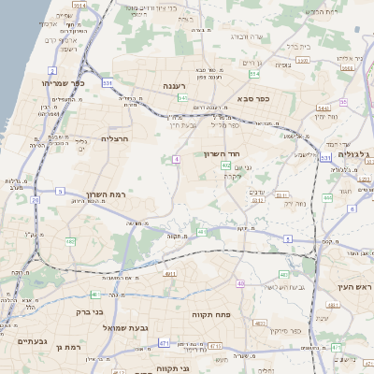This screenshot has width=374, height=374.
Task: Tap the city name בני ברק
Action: (x=88, y=313)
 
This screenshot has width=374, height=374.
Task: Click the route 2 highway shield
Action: (x=53, y=70)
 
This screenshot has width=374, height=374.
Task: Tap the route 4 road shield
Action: (x=175, y=159)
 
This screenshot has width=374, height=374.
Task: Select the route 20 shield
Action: (x=35, y=199)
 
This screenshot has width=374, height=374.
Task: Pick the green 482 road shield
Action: (x=71, y=241)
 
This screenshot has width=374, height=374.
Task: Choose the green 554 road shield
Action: (x=254, y=74)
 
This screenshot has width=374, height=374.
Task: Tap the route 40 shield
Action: (x=240, y=282)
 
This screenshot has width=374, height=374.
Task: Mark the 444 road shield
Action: (x=326, y=197)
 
